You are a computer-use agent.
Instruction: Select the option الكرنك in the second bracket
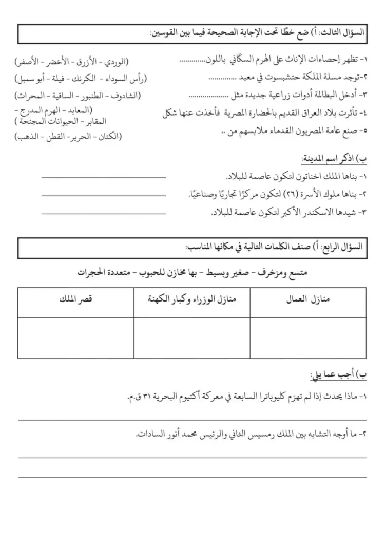(86, 79)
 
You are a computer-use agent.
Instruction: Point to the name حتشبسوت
(271, 78)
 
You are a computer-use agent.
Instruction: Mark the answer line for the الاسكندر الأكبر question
(104, 212)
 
